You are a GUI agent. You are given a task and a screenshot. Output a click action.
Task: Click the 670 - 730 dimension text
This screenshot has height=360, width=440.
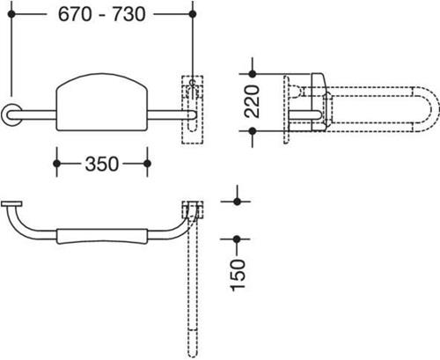[x=102, y=14]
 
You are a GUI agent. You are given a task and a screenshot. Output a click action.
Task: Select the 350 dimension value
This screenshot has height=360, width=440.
[x=102, y=164]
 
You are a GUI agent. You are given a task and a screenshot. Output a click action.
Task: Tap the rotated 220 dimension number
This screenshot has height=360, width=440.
[x=253, y=101]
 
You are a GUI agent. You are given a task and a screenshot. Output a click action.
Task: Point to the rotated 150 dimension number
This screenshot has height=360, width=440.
[x=238, y=276]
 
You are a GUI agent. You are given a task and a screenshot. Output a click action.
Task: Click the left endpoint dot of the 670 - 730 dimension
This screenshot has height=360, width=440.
[x=11, y=14]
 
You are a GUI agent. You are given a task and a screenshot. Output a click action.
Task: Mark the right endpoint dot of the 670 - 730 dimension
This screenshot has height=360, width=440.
[x=193, y=14]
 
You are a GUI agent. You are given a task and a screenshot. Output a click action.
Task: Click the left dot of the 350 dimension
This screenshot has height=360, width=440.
[x=57, y=164]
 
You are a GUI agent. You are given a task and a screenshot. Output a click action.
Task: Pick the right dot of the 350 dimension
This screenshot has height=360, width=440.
[x=147, y=164]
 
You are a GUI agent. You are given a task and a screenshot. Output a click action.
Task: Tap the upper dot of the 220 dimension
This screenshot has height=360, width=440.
[x=253, y=74]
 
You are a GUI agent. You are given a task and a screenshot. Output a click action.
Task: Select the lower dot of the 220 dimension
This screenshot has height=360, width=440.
[x=253, y=131]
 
